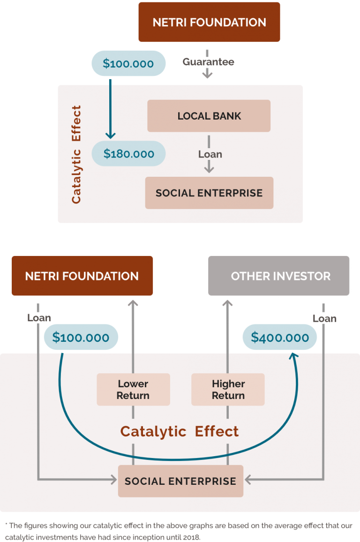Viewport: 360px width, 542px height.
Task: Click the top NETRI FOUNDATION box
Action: tap(209, 22)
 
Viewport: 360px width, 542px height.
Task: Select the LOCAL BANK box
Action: tap(209, 116)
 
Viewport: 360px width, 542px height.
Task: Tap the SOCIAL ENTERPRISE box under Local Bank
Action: tap(209, 193)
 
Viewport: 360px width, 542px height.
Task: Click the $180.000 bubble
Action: tap(128, 154)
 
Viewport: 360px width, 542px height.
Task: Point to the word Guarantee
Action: tap(208, 62)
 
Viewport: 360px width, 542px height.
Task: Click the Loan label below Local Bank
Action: tap(210, 154)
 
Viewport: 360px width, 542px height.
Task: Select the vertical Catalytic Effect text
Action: tap(76, 154)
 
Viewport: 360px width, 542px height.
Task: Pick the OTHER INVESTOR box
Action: tap(280, 276)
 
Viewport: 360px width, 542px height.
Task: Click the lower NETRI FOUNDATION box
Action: tap(82, 276)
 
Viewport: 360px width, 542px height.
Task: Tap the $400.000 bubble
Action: tap(280, 337)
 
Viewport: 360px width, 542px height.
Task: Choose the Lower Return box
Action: tap(133, 389)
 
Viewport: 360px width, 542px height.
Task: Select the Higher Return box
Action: tap(228, 389)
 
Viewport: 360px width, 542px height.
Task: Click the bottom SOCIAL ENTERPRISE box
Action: tap(180, 481)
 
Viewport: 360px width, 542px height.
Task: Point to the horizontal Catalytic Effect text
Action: tap(180, 431)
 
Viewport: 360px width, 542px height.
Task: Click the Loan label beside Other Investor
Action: tap(324, 319)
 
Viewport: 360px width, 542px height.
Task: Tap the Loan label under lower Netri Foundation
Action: tap(39, 318)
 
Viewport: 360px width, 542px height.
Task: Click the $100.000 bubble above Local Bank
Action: tap(128, 63)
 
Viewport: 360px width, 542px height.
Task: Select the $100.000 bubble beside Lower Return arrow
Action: tap(81, 337)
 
